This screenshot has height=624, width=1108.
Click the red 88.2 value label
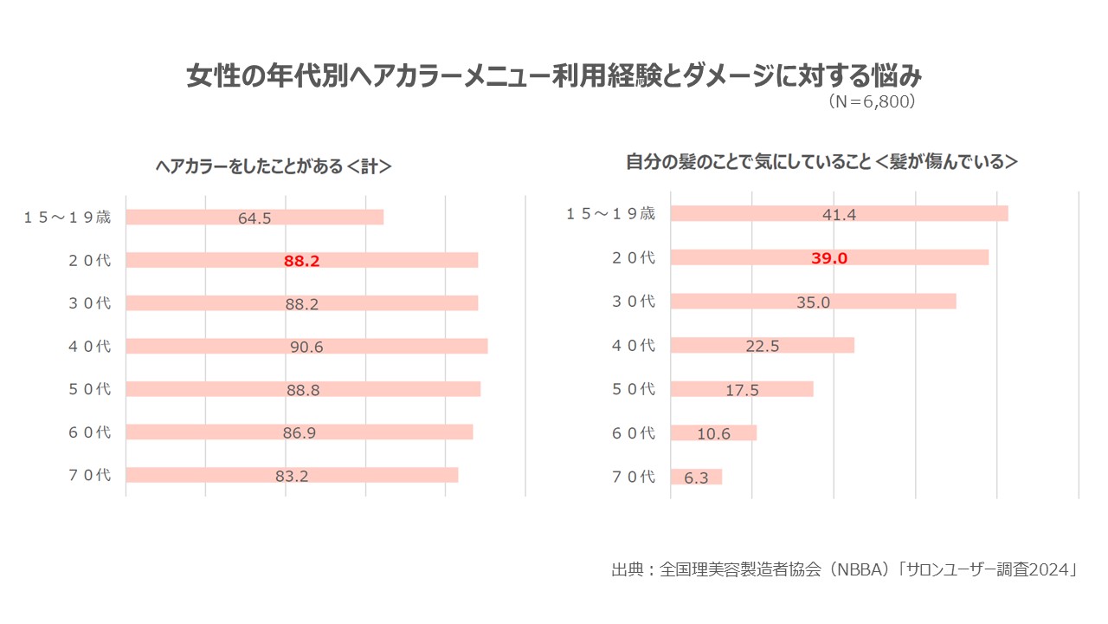(x=302, y=260)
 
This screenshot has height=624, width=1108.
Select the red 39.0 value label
(x=829, y=257)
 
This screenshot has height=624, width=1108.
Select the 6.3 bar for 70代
(x=696, y=477)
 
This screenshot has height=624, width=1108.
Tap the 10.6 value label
(x=714, y=434)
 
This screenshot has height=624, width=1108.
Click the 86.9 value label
(x=299, y=432)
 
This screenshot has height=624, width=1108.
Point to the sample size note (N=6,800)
(x=872, y=101)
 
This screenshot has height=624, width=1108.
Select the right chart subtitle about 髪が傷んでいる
(x=821, y=162)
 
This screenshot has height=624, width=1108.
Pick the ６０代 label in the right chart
(x=634, y=433)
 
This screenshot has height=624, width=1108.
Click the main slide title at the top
(x=554, y=76)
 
